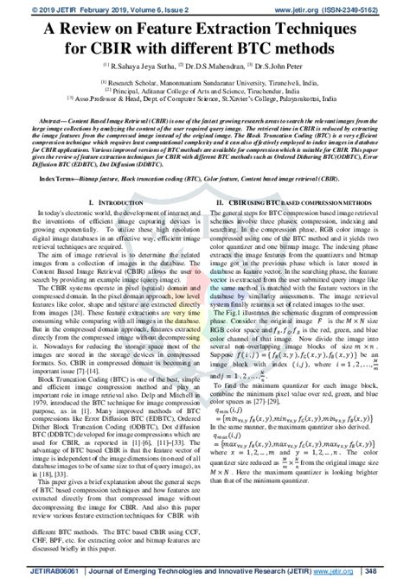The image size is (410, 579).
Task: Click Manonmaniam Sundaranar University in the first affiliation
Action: click(201, 86)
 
